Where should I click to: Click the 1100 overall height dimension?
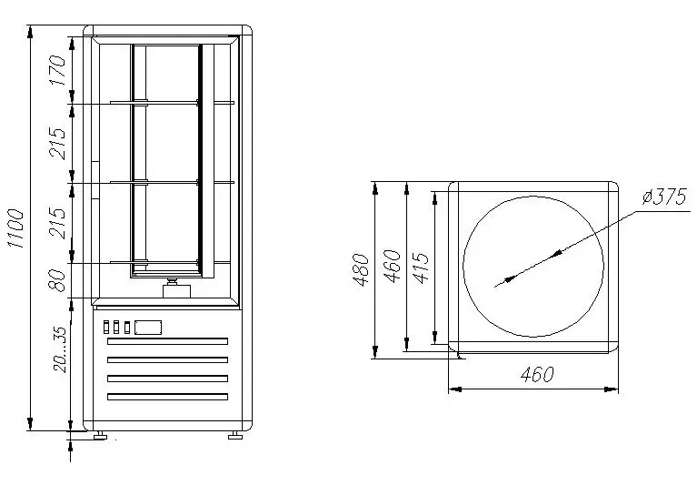coord(15,227)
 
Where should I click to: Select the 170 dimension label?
coord(58,70)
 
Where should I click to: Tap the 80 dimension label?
coord(58,280)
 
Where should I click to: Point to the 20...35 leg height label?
coord(59,349)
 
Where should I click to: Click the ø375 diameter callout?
coord(664,197)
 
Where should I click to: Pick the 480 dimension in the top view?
coord(361,269)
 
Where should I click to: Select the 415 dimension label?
coord(421,268)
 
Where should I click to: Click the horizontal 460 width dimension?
coord(537,375)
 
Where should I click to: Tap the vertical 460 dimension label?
coord(392,267)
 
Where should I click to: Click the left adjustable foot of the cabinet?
coord(100,435)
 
